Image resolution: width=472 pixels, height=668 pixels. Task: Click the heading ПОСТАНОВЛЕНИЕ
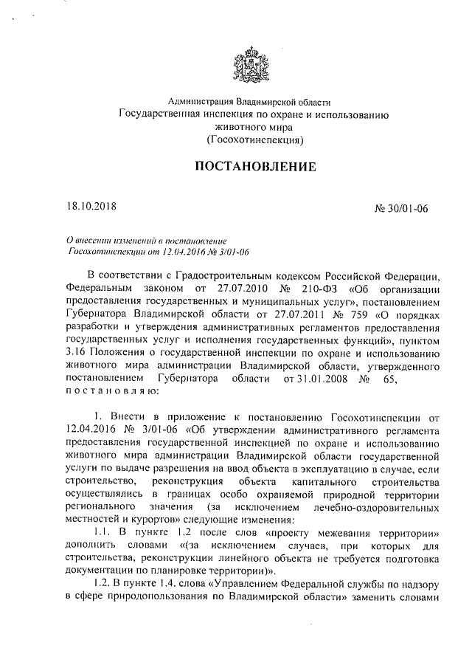tap(254, 167)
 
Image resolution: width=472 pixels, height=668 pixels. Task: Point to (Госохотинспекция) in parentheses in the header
tap(254, 139)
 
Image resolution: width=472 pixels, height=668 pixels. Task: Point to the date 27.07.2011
tap(299, 313)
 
